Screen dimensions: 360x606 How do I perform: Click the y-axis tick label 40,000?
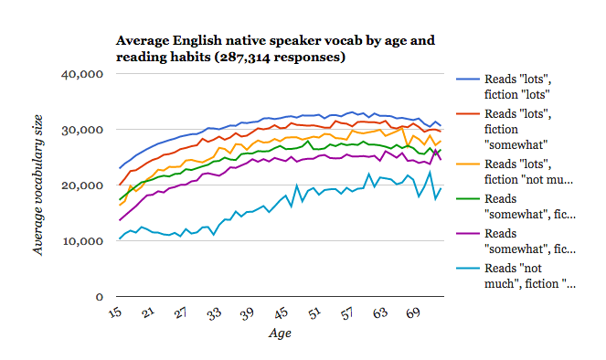80,74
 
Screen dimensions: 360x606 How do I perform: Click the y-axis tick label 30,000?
80,130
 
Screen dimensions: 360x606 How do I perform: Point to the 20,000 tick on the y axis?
80,185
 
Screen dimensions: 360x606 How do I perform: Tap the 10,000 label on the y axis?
80,241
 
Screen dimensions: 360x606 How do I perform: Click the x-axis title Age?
280,334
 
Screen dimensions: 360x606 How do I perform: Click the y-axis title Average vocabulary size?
38,186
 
